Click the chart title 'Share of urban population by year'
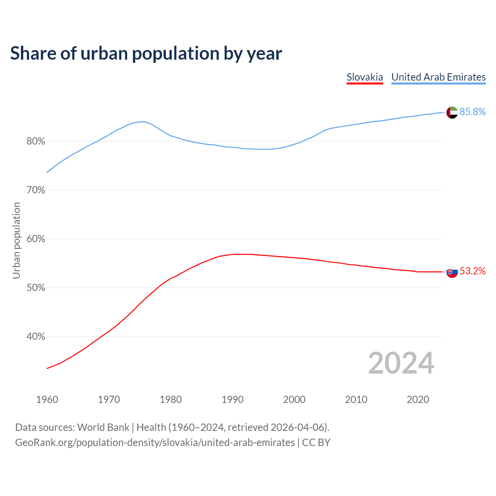[x=146, y=53]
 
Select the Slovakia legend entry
[x=365, y=77]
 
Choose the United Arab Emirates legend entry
[x=438, y=77]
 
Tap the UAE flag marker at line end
[x=452, y=112]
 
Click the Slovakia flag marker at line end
[x=452, y=272]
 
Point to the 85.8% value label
[x=472, y=112]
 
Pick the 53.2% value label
[x=472, y=271]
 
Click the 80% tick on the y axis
[x=36, y=141]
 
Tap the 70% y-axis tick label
[x=36, y=190]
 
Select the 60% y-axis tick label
[x=36, y=239]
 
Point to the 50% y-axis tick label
[x=36, y=288]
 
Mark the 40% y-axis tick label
[x=36, y=337]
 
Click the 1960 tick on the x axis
[x=47, y=400]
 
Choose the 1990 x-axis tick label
[x=232, y=400]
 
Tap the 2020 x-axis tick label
[x=418, y=400]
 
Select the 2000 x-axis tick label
[x=294, y=400]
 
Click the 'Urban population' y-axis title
[x=16, y=240]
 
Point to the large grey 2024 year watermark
[x=401, y=363]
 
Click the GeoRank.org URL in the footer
[x=155, y=443]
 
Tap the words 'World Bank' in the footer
[x=103, y=427]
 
